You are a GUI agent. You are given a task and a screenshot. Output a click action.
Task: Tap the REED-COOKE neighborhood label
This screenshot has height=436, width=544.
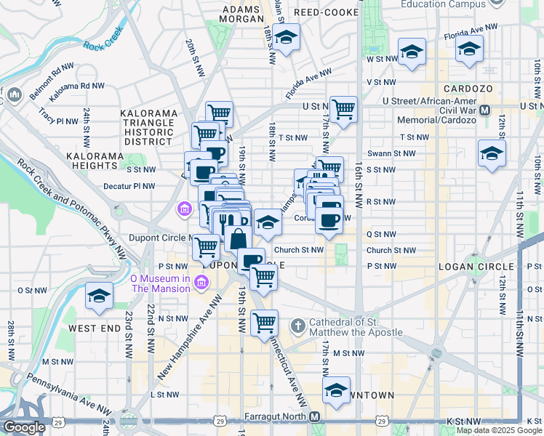tap(325, 13)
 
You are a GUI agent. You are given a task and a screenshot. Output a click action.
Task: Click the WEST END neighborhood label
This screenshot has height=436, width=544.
tap(94, 328)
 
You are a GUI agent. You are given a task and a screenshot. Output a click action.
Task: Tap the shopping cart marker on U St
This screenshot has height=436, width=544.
tap(343, 109)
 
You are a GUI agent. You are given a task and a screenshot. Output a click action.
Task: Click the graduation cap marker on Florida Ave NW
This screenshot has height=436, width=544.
tap(469, 49)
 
